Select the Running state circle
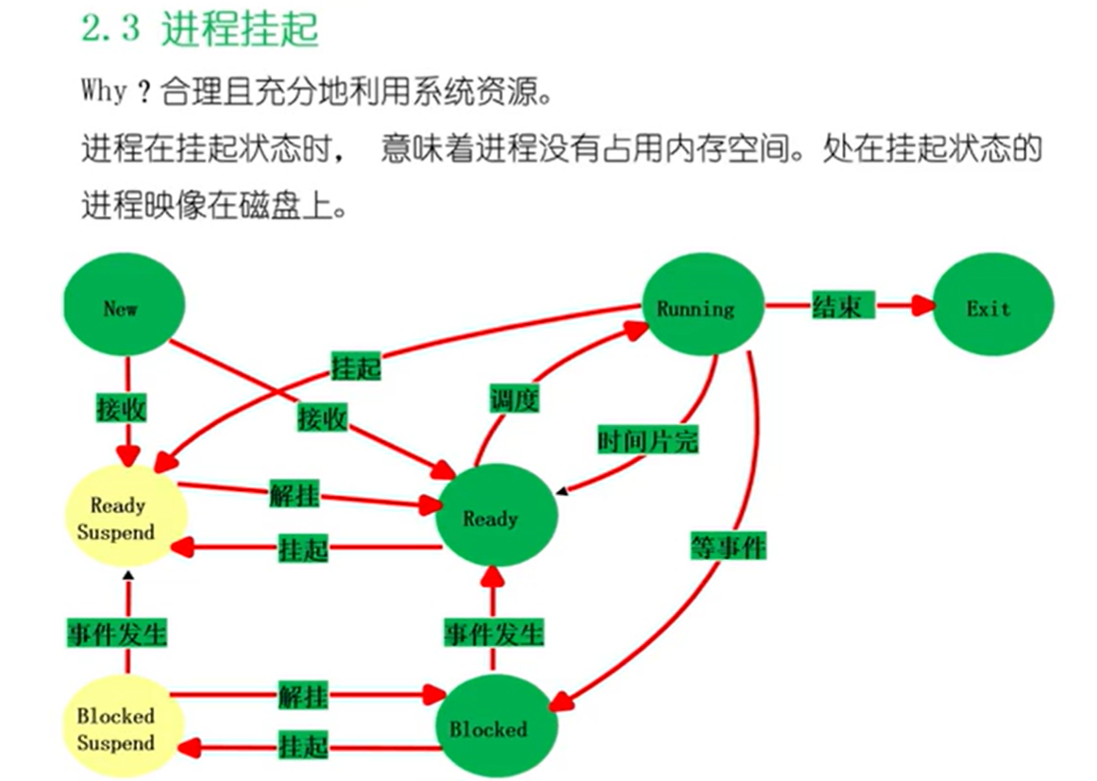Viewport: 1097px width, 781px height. [x=696, y=307]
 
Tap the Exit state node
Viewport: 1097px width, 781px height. [x=988, y=308]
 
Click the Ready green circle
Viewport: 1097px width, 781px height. [x=492, y=518]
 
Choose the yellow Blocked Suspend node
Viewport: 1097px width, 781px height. [x=117, y=728]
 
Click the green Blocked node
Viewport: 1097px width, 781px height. [x=489, y=728]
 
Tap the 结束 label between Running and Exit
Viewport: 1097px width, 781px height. [x=836, y=306]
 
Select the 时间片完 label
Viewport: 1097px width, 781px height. [x=648, y=439]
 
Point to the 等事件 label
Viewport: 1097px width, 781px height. [x=728, y=545]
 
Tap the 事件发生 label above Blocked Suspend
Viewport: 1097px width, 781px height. [x=117, y=632]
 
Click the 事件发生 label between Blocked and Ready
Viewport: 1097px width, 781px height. [x=494, y=632]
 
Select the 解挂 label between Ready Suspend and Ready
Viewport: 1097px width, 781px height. [x=295, y=494]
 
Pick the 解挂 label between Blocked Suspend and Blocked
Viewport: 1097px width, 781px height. [x=303, y=698]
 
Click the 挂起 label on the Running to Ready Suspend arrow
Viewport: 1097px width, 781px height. [x=356, y=366]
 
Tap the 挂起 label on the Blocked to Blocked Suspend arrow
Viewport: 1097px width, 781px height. [x=303, y=745]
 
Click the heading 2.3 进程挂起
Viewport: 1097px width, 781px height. [x=199, y=30]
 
